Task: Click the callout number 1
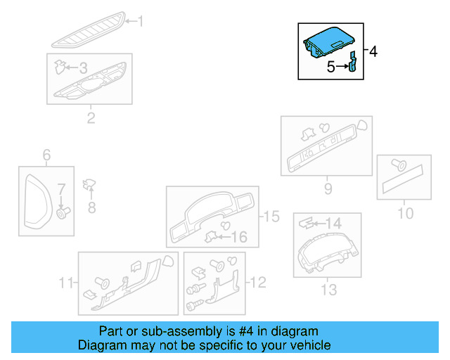[139, 22]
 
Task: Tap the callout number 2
[91, 117]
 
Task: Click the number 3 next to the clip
[83, 68]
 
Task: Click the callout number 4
[373, 51]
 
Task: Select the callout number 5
[330, 67]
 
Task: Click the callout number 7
[61, 188]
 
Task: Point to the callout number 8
[91, 207]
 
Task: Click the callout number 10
[406, 212]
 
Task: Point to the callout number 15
[271, 217]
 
